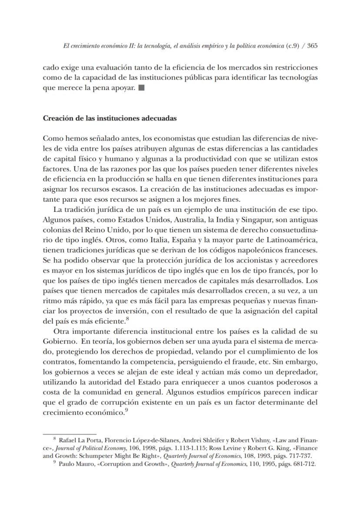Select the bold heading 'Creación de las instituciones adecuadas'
(x=110, y=118)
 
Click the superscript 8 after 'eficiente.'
(x=127, y=320)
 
